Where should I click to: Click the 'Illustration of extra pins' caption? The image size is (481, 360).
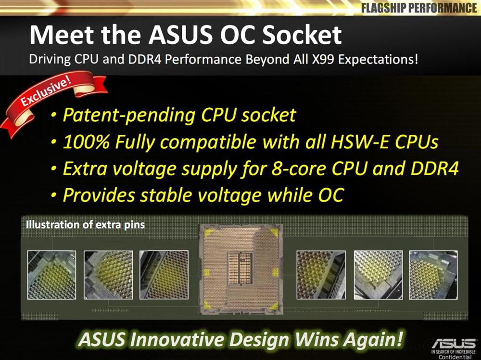(x=85, y=224)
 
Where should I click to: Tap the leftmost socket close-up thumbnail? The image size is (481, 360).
(x=51, y=275)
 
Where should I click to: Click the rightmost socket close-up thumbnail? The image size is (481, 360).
(x=432, y=275)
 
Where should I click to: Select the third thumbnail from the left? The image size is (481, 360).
(x=163, y=275)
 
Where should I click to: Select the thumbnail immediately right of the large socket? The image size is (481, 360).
(x=320, y=275)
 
